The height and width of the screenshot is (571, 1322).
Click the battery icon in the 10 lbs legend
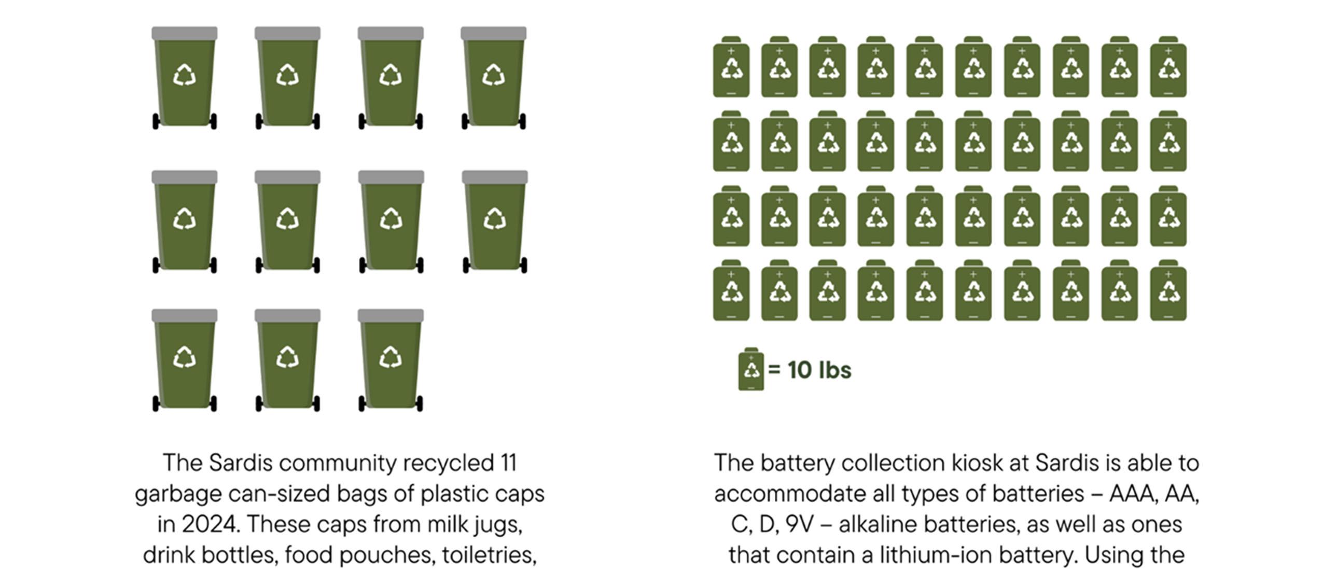pyautogui.click(x=750, y=369)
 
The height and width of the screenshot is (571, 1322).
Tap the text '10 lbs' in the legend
pyautogui.click(x=819, y=370)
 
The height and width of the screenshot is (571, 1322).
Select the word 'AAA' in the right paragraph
pyautogui.click(x=1133, y=493)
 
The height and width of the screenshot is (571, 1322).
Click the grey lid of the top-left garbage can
pyautogui.click(x=184, y=33)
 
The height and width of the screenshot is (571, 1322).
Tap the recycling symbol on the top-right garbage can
pyautogui.click(x=493, y=76)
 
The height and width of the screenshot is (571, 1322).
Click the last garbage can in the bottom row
pyautogui.click(x=391, y=360)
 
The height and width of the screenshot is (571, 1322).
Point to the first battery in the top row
pyautogui.click(x=731, y=67)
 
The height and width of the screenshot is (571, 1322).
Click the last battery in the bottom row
pyautogui.click(x=1168, y=291)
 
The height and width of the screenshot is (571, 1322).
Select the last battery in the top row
pyautogui.click(x=1168, y=67)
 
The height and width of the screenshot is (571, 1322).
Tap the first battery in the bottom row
pyautogui.click(x=731, y=291)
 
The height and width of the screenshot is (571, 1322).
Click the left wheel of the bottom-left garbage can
pyautogui.click(x=156, y=403)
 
